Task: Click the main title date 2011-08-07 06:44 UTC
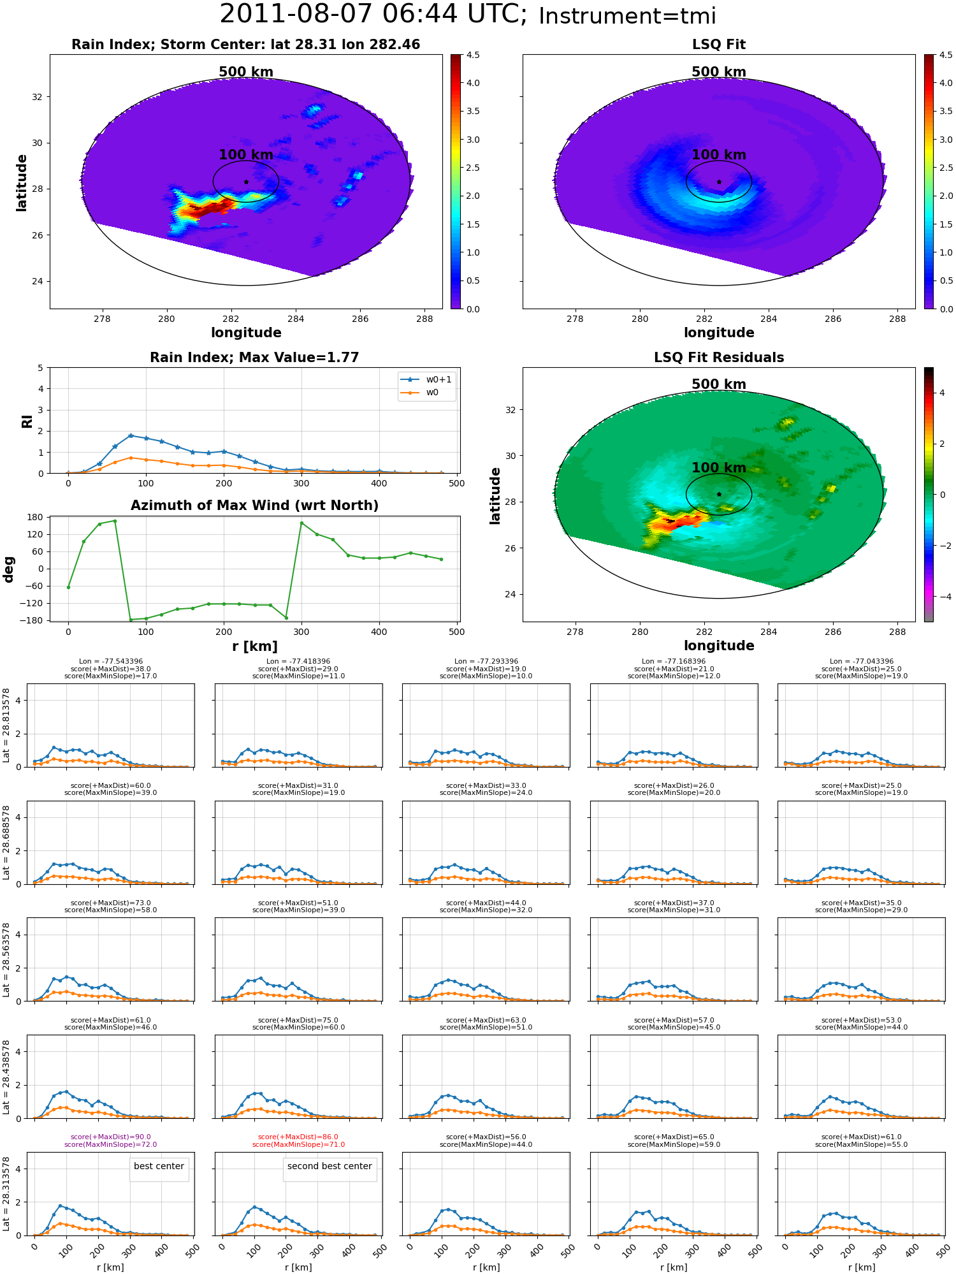(373, 15)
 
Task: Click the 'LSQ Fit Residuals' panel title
(719, 358)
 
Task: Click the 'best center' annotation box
(159, 1166)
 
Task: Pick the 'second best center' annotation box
(330, 1166)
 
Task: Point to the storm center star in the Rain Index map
(246, 182)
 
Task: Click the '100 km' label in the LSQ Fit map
(719, 155)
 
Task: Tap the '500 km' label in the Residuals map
(719, 384)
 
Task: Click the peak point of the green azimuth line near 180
(115, 521)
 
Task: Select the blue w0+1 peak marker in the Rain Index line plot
(131, 435)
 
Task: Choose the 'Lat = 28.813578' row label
(6, 725)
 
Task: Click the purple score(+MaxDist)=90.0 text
(111, 1137)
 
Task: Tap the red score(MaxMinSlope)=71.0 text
(298, 1144)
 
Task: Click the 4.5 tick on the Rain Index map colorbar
(473, 55)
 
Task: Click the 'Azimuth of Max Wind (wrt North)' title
(254, 506)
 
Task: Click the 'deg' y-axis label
(9, 569)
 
